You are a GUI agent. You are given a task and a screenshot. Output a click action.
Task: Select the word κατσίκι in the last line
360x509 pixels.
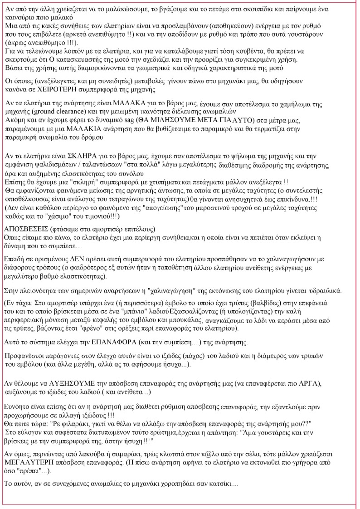click(x=215, y=484)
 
